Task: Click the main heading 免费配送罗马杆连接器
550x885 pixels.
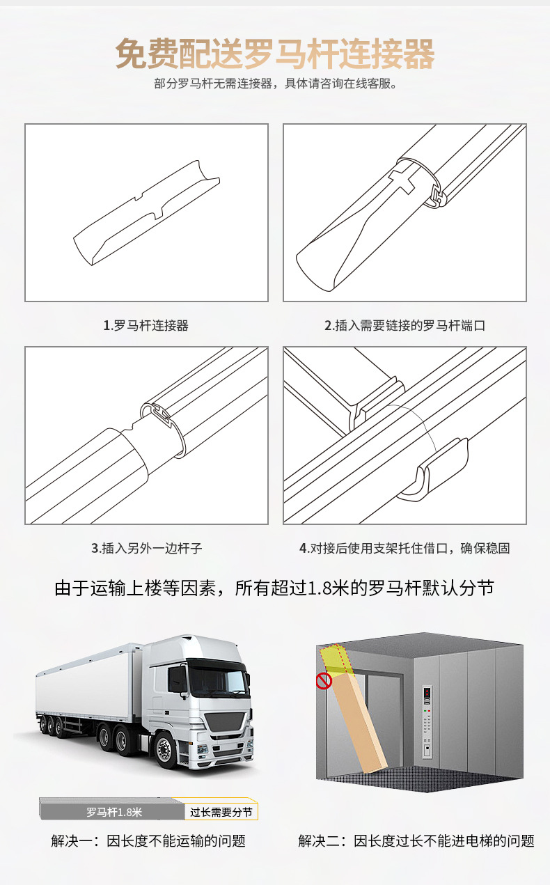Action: pyautogui.click(x=275, y=54)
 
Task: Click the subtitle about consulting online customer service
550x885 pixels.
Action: pyautogui.click(x=275, y=85)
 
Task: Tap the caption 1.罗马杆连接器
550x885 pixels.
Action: pyautogui.click(x=146, y=325)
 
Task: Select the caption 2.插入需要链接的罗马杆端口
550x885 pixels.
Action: pyautogui.click(x=404, y=325)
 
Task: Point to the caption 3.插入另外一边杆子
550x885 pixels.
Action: pyautogui.click(x=146, y=548)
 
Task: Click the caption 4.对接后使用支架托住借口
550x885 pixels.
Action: pyautogui.click(x=404, y=548)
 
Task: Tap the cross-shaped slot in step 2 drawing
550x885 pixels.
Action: pyautogui.click(x=404, y=178)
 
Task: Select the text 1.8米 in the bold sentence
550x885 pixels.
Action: pyautogui.click(x=328, y=588)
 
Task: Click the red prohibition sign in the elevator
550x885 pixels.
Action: pyautogui.click(x=324, y=680)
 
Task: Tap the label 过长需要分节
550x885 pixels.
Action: pyautogui.click(x=221, y=813)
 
